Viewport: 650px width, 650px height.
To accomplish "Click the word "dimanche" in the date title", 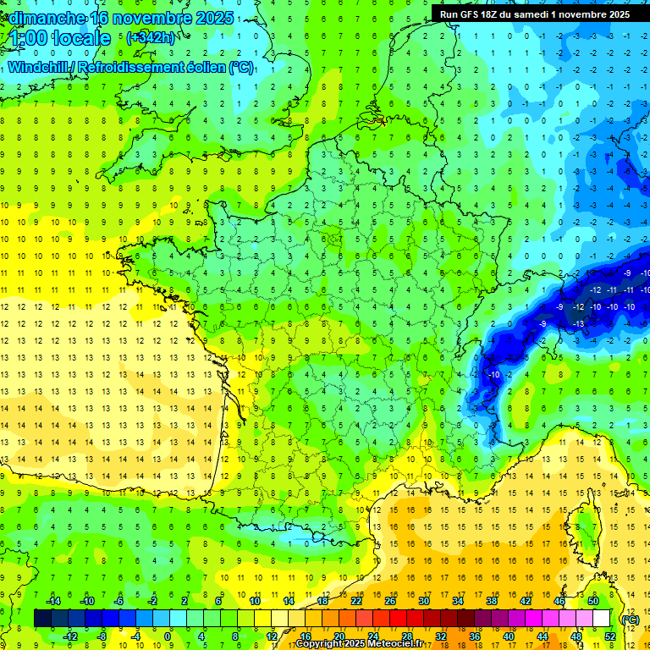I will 43,18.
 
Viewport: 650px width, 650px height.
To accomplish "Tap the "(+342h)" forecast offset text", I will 151,38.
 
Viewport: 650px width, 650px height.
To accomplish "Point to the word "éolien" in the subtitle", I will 204,67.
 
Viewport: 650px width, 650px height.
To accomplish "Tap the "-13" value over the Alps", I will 579,323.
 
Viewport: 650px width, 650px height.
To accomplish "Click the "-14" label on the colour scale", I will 53,600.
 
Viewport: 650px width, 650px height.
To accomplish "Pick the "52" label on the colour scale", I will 610,636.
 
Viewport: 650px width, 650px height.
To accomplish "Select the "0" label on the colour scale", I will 168,636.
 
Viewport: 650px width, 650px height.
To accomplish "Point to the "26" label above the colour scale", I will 389,600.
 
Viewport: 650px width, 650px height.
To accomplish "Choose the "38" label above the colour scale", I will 491,600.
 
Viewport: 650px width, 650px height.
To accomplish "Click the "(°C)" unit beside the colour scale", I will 630,619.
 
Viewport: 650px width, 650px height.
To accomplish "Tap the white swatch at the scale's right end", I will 602,619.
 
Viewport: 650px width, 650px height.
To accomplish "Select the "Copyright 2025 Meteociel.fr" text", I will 359,644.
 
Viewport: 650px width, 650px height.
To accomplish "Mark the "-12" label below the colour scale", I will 70,636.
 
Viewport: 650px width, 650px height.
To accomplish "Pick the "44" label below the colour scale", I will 543,636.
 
